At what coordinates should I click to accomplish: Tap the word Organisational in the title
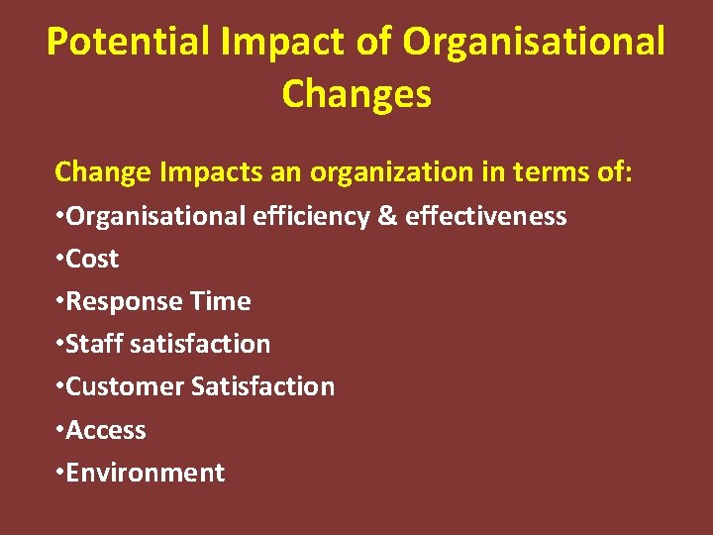[535, 43]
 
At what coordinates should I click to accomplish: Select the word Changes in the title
[356, 95]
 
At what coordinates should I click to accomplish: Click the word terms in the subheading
[554, 172]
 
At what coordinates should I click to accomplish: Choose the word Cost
[92, 259]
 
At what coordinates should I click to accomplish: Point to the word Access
[106, 430]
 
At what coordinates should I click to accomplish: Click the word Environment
[146, 473]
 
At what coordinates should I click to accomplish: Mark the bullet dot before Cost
[59, 257]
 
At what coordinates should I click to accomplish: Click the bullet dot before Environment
[59, 471]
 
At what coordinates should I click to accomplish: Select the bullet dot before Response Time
[59, 299]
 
